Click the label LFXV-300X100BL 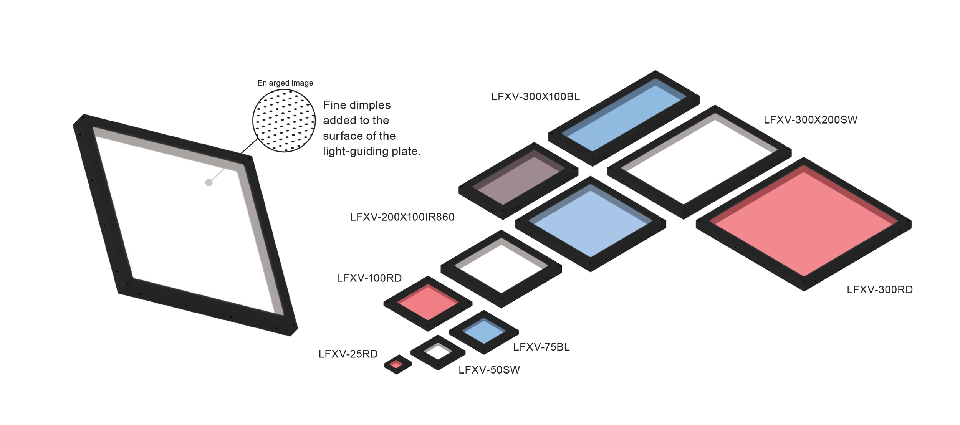[x=535, y=96]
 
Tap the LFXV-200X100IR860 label [x=402, y=217]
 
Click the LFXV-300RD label [x=879, y=290]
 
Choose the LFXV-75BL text [x=542, y=347]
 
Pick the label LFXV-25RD [x=348, y=354]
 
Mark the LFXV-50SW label [x=490, y=370]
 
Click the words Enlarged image [x=285, y=83]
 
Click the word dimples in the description [x=371, y=105]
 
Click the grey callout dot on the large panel [x=209, y=183]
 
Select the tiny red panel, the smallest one [x=397, y=364]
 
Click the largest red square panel [x=804, y=223]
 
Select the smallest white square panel [x=438, y=352]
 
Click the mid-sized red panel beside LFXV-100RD [x=428, y=303]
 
